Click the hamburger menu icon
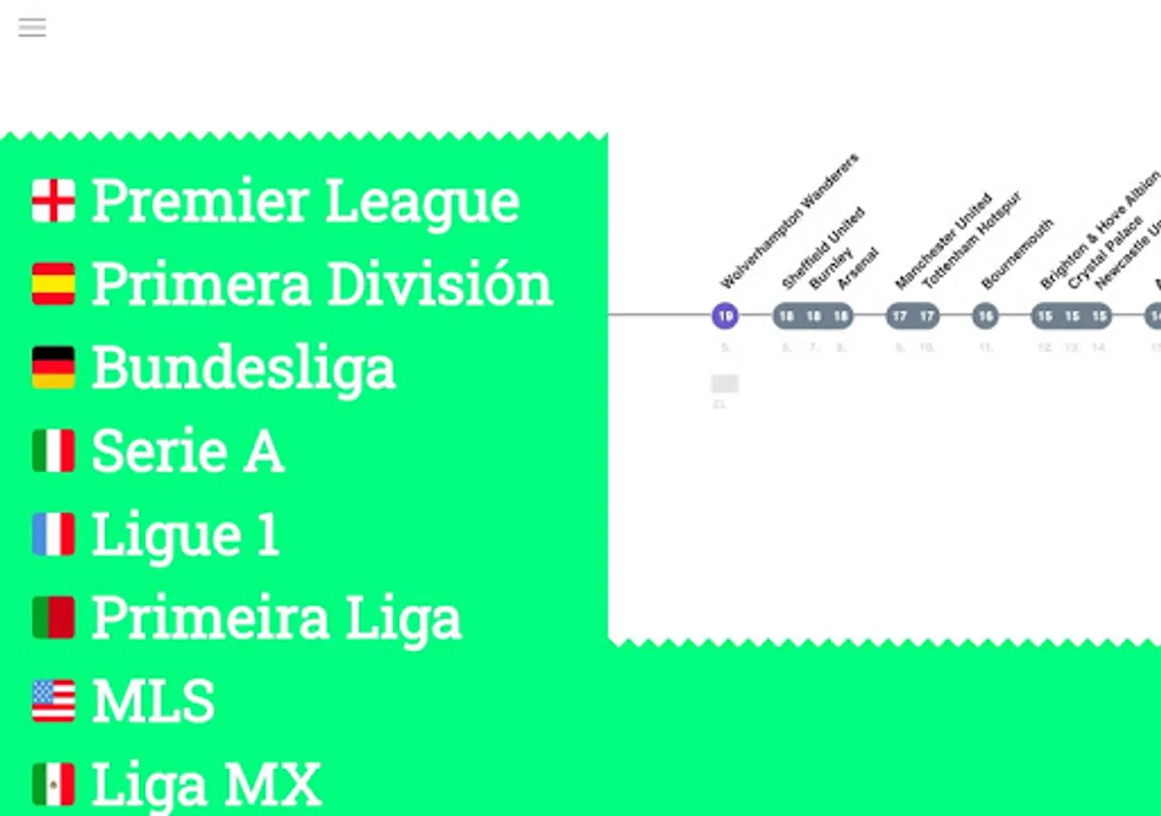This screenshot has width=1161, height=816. [x=32, y=27]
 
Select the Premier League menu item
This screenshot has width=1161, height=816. [x=305, y=200]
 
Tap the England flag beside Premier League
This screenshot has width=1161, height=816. [x=54, y=200]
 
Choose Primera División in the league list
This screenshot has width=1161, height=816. [x=321, y=284]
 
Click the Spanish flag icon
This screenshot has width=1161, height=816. [x=54, y=284]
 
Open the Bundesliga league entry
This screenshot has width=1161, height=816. [x=243, y=367]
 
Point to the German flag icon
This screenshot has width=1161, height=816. [x=54, y=367]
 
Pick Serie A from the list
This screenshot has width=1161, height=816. [x=188, y=451]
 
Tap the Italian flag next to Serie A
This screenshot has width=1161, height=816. [x=54, y=451]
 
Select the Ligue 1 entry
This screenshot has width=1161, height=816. [x=185, y=534]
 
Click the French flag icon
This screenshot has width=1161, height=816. [x=54, y=534]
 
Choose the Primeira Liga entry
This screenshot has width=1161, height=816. [x=276, y=617]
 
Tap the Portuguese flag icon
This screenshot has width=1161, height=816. [x=54, y=617]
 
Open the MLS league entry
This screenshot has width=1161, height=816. [x=152, y=701]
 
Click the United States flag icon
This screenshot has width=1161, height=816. [x=54, y=701]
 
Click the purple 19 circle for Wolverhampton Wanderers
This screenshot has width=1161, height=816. [x=725, y=316]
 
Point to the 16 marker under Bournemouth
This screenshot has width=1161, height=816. [x=985, y=316]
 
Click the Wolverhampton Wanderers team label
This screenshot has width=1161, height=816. [x=789, y=221]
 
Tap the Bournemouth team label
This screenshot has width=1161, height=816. [x=1017, y=254]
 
